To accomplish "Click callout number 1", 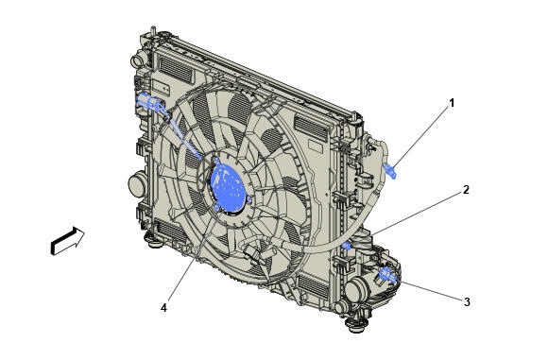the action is (x=452, y=103).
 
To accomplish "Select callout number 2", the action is (x=466, y=190).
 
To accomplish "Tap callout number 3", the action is (x=467, y=301).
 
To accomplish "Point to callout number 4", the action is (x=163, y=308).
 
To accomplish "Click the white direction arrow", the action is (x=67, y=240).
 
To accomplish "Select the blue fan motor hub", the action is (x=228, y=188).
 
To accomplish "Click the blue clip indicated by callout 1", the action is (x=390, y=171).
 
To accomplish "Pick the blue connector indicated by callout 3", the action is (x=387, y=274).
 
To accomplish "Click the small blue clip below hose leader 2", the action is (x=347, y=246).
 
